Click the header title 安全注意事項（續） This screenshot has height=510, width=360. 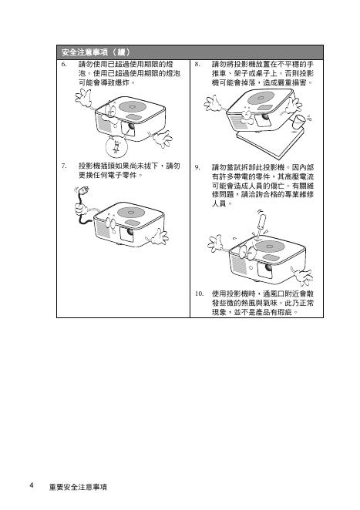click(x=96, y=52)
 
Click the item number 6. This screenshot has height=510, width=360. click(x=64, y=64)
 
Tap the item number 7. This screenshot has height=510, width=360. click(x=64, y=166)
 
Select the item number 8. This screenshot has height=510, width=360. click(x=197, y=64)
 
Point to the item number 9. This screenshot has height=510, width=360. click(x=197, y=167)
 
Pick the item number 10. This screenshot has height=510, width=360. click(x=199, y=294)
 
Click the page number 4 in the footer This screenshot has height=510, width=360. click(x=32, y=485)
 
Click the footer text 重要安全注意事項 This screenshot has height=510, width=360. click(x=78, y=487)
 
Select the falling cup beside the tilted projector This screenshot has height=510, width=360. click(x=299, y=121)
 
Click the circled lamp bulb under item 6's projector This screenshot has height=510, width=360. click(x=116, y=146)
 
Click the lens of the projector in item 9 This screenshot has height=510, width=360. click(x=268, y=268)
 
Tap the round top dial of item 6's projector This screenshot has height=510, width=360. click(x=132, y=106)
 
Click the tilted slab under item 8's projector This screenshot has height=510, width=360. click(x=270, y=142)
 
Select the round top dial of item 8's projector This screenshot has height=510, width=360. click(x=261, y=98)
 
